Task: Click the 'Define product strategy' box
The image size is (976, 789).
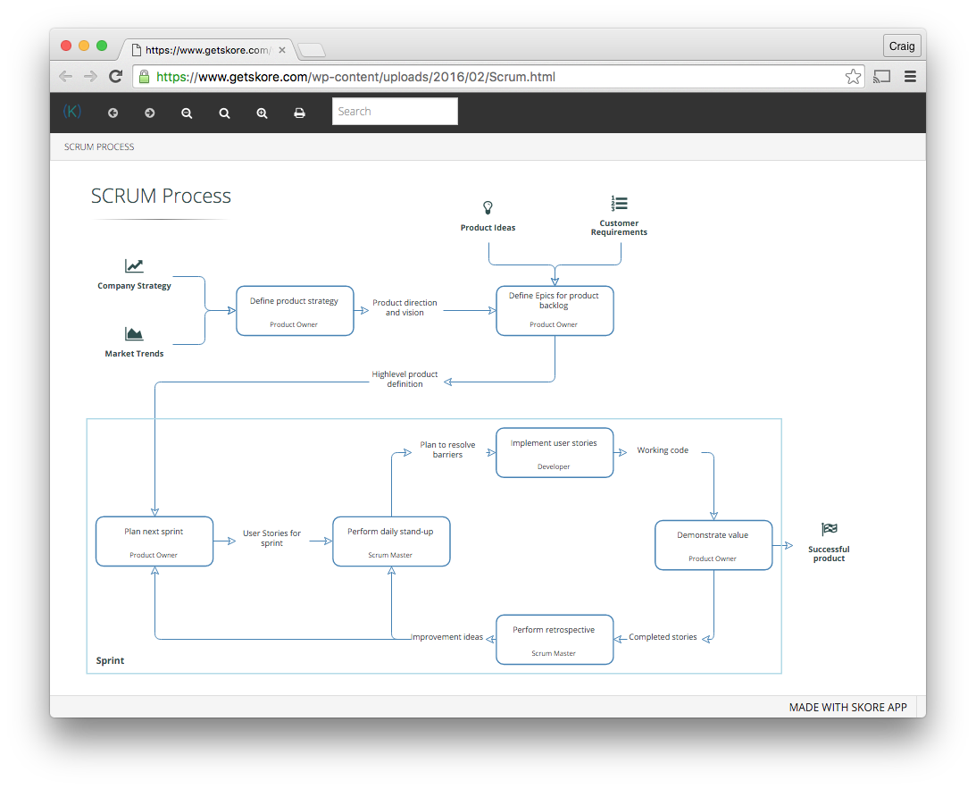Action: point(295,311)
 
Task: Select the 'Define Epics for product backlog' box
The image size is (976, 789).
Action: point(555,311)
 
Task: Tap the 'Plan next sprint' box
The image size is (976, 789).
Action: point(154,541)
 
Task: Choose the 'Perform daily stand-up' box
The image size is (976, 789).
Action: point(391,541)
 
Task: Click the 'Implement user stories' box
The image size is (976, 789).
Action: point(555,453)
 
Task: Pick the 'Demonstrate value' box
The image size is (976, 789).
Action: point(713,545)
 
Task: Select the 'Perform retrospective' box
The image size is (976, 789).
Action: point(555,640)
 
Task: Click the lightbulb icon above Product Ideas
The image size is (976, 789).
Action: point(488,207)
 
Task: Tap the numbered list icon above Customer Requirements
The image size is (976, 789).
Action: point(620,203)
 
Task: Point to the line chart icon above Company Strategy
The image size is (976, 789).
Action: point(134,266)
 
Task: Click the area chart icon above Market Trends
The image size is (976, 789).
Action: point(134,334)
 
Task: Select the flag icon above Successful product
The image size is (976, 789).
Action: point(829,529)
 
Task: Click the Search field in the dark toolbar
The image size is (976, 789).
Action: point(395,112)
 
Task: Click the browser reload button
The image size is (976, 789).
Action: point(116,77)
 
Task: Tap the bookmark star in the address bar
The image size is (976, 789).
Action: point(853,77)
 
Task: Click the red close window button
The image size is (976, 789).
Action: point(66,46)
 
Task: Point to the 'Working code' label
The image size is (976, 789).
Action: point(663,450)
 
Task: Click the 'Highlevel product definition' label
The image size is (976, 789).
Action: point(405,379)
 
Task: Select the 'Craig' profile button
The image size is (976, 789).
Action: point(902,46)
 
